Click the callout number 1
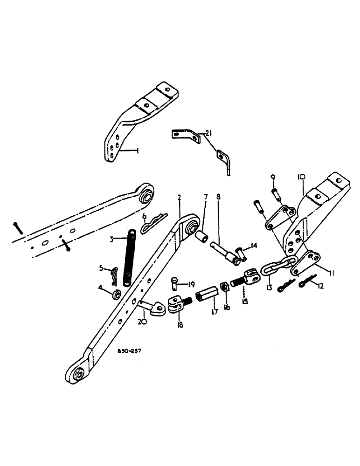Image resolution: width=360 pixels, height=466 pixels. click(138, 151)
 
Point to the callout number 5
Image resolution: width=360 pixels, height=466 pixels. click(102, 268)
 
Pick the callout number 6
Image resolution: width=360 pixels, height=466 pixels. click(145, 216)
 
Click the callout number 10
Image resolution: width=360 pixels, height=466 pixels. click(301, 177)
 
